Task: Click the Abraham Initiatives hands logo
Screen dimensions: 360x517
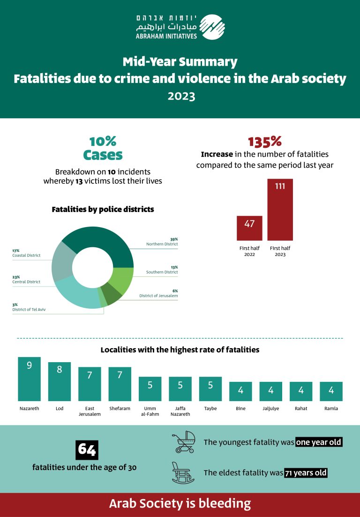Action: pos(212,27)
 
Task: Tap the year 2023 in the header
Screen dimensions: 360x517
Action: pos(181,96)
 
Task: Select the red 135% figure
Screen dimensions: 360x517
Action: pos(265,142)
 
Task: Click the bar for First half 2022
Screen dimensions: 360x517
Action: pos(249,228)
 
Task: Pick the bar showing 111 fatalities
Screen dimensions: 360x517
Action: pos(280,210)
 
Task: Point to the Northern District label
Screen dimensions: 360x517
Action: pos(162,244)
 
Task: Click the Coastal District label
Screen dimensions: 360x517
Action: pos(26,255)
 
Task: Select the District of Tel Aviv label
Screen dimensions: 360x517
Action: pos(29,309)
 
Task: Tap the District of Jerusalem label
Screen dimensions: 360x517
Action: pos(158,296)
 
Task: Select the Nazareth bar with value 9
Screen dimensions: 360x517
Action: pos(30,379)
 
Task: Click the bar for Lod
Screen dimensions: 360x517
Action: pos(59,381)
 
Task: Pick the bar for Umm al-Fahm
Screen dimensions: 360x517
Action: pos(150,389)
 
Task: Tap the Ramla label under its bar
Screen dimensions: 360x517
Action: pos(331,408)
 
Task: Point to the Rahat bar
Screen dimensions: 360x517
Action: pos(301,391)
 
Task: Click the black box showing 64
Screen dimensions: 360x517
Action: pos(87,450)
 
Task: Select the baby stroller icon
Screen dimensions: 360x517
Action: pos(184,442)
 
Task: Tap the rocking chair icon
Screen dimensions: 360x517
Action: pos(183,473)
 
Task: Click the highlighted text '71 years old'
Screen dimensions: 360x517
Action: pos(306,473)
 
